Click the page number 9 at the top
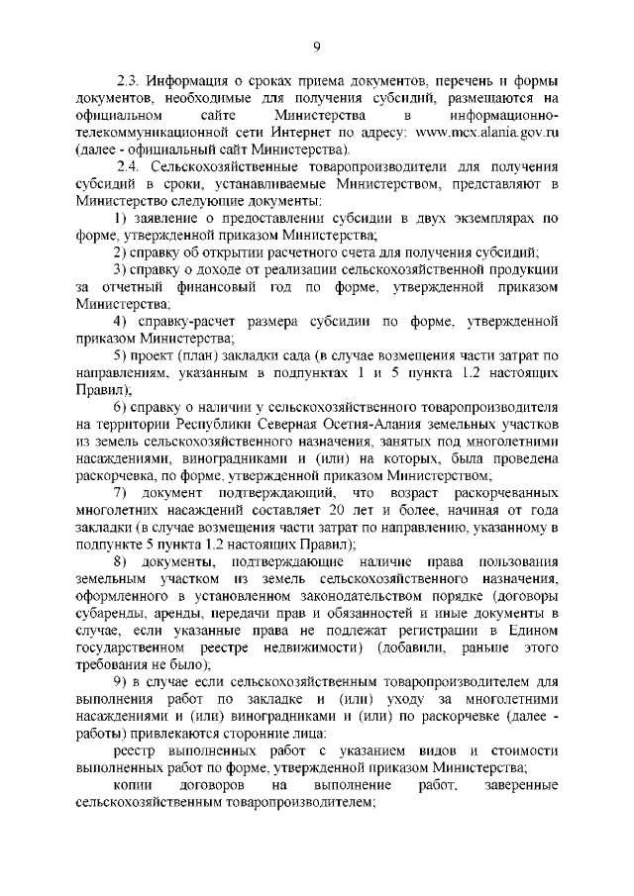coord(317,45)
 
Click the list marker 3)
coord(119,268)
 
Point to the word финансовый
coord(203,286)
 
